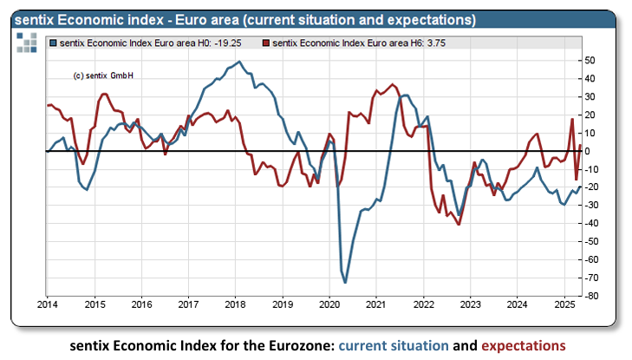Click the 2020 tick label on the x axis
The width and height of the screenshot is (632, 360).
click(329, 304)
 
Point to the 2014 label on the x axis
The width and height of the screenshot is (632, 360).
click(49, 304)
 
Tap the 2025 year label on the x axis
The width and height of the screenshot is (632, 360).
click(564, 304)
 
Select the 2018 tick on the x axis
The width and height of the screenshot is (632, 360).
click(236, 304)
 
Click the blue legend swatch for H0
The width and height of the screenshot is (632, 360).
click(54, 42)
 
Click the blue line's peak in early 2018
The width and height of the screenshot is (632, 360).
click(239, 62)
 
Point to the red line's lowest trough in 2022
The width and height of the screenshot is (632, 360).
click(459, 225)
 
